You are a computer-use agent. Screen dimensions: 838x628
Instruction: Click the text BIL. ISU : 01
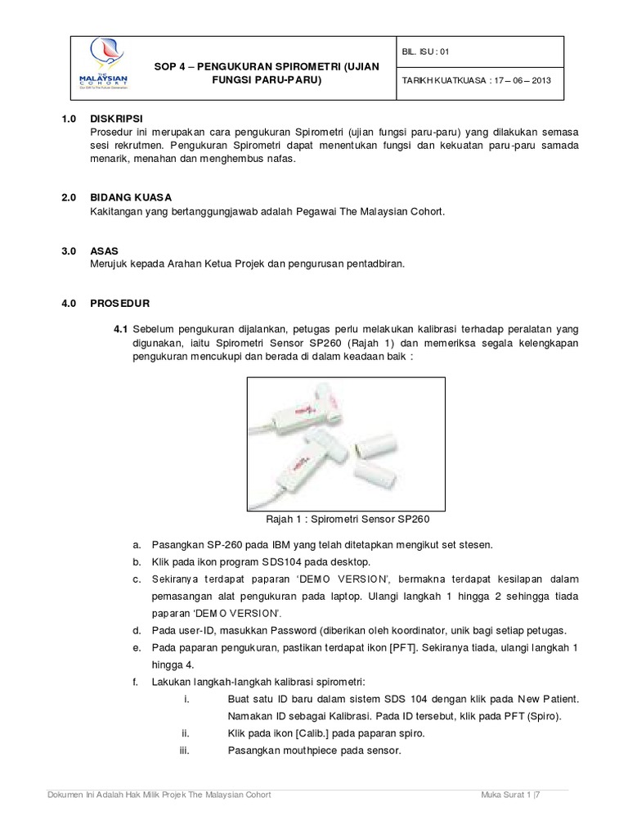[x=426, y=51]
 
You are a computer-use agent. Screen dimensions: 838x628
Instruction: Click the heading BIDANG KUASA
[x=130, y=198]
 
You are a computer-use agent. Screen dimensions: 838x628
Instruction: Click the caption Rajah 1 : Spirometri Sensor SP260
[x=348, y=519]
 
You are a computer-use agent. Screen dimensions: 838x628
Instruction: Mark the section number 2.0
[x=69, y=198]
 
